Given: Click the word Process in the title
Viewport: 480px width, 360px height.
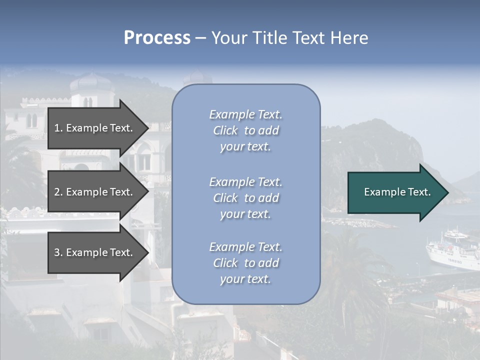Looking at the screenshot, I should pos(157,38).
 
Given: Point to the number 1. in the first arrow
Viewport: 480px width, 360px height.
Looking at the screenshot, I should pos(58,128).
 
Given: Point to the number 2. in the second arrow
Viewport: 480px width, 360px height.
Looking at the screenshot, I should pos(58,192).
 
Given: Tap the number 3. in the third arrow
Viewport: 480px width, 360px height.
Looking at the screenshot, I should pos(58,252).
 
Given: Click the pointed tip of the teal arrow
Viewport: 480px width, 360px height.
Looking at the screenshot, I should pos(446,192).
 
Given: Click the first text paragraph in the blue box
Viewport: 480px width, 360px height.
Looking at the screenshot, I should pos(245,130).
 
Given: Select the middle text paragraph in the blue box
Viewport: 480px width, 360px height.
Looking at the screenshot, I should pos(245,198).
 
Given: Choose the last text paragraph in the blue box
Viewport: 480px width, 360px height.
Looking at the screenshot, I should pos(245,263).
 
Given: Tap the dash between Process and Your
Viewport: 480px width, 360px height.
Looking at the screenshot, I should pos(201,38).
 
